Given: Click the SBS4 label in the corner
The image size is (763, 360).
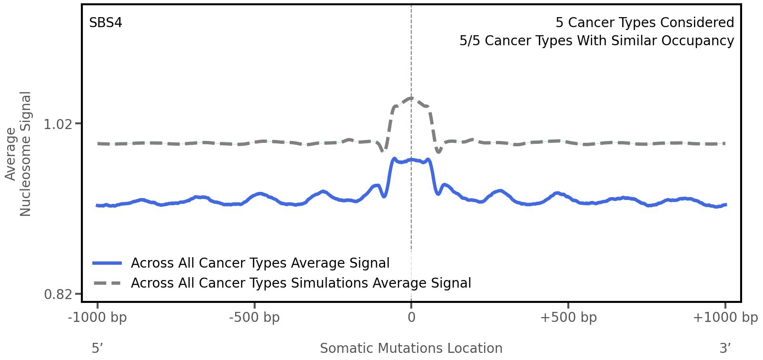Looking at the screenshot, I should [106, 23].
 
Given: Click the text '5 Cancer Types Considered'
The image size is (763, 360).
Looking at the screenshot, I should [644, 23].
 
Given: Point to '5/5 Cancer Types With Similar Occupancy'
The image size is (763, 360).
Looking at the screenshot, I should [596, 41].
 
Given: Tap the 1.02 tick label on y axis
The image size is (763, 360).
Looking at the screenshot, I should [58, 124].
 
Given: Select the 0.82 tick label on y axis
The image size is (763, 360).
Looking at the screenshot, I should [58, 295].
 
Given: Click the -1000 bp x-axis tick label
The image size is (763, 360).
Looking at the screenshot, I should [98, 318].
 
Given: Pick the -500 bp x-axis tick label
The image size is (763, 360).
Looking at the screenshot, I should [254, 318].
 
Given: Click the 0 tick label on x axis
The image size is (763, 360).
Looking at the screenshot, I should [411, 318].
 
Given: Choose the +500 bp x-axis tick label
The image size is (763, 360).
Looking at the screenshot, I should [568, 318].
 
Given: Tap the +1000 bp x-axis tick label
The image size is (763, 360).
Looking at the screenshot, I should [725, 318].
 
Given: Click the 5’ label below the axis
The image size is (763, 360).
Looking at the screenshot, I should [98, 349].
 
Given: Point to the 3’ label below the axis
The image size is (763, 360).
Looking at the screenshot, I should [725, 349].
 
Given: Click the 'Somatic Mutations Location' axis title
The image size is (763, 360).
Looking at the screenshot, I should [411, 349].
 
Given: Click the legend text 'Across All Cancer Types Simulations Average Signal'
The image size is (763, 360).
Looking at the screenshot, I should [301, 283].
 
